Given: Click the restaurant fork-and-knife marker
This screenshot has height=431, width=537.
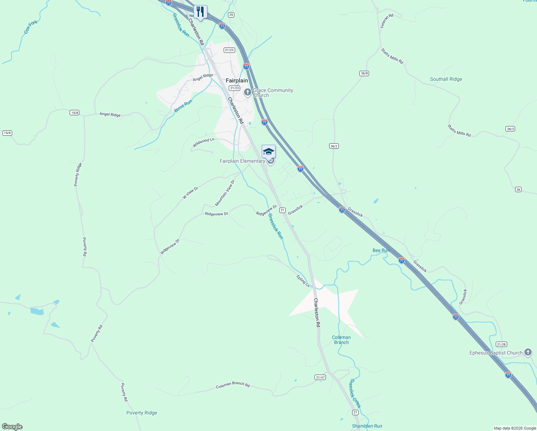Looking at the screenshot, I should [200, 12].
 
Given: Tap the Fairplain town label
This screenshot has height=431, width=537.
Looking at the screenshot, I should [237, 80].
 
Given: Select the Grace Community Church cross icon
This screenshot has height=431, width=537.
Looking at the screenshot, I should [247, 92].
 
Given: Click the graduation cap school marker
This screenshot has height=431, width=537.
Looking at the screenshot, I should [268, 152].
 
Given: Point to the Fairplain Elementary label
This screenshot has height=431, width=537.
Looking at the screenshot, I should [242, 161].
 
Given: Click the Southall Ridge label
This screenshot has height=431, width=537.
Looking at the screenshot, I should [446, 79].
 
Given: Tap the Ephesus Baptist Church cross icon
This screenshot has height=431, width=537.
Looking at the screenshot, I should [528, 352].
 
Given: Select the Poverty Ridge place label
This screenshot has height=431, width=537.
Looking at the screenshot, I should [142, 413].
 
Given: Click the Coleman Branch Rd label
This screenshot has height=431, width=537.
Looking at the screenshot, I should [233, 385].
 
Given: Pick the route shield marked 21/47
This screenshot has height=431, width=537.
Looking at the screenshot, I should [320, 377].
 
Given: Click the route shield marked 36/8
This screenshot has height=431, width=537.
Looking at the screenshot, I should [364, 73].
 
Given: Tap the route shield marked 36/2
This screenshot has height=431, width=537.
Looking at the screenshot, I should [334, 146].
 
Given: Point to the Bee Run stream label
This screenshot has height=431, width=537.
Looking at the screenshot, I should [381, 250].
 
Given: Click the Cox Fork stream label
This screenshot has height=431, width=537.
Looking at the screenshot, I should [31, 27].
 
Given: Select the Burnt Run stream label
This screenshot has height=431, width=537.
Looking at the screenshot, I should [183, 106].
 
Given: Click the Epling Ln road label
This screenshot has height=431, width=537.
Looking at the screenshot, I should [303, 281].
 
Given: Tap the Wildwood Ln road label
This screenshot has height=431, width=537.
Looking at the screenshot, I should [203, 143].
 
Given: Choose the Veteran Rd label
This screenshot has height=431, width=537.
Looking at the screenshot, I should [387, 21].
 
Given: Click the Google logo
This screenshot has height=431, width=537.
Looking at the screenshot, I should [12, 427].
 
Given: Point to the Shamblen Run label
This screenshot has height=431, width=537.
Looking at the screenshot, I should [367, 426].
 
